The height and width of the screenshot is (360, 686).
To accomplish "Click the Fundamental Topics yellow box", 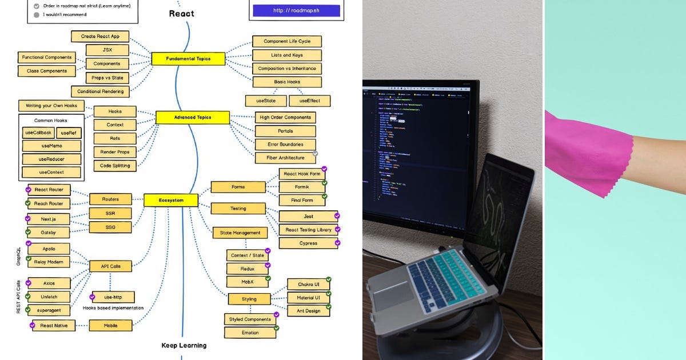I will tap(188, 59).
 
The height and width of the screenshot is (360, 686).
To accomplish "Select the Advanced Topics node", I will tap(192, 118).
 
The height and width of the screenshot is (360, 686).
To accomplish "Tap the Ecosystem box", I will tap(170, 200).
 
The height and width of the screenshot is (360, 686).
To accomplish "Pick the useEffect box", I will tap(309, 101).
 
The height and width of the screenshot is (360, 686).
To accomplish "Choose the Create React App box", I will tap(100, 36).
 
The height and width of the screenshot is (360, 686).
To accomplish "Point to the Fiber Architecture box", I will tap(285, 158).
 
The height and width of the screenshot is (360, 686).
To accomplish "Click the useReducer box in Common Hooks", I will tap(51, 159).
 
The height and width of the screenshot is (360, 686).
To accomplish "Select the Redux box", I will tap(248, 269).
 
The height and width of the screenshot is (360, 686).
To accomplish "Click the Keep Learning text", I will tap(184, 345).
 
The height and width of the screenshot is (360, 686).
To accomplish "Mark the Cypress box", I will tap(308, 243).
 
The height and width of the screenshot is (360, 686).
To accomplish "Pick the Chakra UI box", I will tap(308, 284).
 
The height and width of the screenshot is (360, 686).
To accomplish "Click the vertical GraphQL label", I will tap(18, 255).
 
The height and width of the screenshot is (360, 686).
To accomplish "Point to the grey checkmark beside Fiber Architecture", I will tap(316, 153).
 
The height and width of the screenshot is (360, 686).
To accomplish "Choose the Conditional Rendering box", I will tap(101, 91).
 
